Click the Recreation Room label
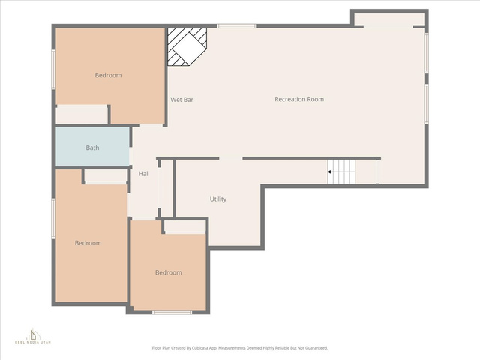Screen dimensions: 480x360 tap(299, 99)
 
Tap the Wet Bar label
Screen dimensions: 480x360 tap(181, 100)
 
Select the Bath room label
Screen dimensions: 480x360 tap(92, 148)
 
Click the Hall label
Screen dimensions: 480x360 tap(144, 174)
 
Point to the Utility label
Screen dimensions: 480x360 tap(218, 199)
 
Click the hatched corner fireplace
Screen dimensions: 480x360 tap(187, 46)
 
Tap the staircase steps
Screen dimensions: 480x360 tap(341, 172)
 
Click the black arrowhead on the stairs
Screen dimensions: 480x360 tap(329, 172)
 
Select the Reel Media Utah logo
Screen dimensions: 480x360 tap(33, 337)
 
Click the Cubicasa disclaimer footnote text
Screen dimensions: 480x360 tap(240, 348)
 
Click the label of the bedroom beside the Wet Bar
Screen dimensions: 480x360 tap(108, 75)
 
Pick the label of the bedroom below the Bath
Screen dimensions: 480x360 tap(88, 243)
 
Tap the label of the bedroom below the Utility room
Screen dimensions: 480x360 tap(168, 272)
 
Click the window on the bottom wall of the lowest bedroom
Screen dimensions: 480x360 tap(172, 312)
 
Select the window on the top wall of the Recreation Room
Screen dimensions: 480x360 tap(237, 26)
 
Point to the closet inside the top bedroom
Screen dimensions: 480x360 tap(82, 115)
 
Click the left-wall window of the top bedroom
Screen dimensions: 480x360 tap(53, 70)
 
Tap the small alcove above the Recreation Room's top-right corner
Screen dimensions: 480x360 tap(389, 20)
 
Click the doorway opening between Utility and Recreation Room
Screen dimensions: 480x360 tap(231, 158)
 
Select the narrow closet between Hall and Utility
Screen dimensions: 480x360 tap(166, 188)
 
